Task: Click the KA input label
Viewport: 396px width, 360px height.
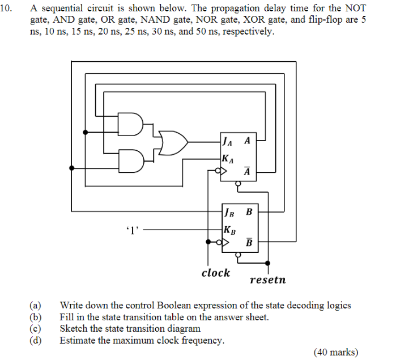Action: click(x=228, y=158)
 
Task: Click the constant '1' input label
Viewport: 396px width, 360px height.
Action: click(x=132, y=230)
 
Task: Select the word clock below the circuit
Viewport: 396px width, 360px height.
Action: click(x=216, y=273)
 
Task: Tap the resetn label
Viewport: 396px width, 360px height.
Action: click(x=267, y=280)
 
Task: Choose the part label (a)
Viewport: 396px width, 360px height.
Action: click(x=36, y=306)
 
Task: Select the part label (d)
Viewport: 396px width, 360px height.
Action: click(x=36, y=340)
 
